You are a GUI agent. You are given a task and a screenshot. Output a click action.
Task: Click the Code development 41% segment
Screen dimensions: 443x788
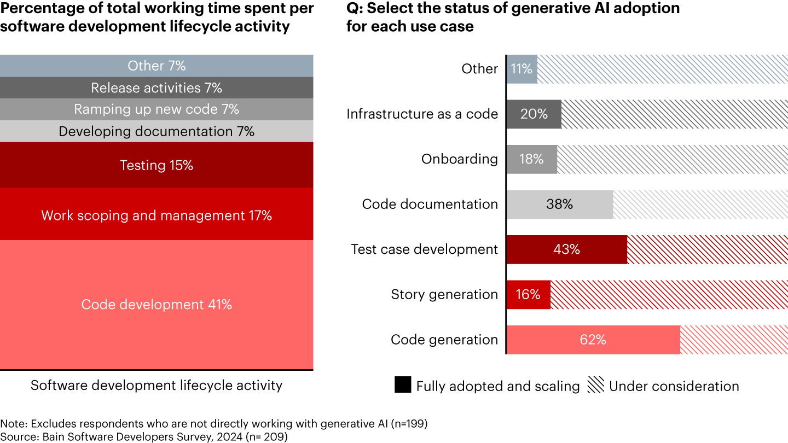157,305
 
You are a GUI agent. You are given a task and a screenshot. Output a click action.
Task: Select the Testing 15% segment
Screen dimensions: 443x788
157,165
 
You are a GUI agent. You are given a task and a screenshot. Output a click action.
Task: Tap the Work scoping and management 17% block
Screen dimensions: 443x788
157,215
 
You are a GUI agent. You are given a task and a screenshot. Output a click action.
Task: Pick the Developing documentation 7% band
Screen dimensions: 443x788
157,131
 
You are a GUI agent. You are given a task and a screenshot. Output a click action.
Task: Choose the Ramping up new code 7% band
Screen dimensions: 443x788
157,109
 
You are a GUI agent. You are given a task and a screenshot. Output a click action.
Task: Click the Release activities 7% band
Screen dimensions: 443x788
157,88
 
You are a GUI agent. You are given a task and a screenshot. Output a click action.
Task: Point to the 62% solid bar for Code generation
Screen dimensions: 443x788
593,340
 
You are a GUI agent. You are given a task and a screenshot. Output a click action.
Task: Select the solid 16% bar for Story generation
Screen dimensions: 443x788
528,294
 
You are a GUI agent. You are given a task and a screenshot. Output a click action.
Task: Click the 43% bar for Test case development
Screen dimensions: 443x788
566,249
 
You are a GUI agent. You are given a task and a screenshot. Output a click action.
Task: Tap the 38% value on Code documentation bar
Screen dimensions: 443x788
559,204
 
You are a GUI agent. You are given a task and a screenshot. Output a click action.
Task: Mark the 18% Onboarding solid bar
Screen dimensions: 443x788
531,159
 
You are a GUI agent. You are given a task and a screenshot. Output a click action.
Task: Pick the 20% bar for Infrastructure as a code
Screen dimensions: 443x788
534,114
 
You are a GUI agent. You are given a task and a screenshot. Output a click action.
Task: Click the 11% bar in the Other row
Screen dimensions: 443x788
522,69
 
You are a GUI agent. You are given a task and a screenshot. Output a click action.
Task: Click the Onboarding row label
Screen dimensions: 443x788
460,159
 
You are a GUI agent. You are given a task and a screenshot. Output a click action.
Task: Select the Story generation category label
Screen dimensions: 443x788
444,294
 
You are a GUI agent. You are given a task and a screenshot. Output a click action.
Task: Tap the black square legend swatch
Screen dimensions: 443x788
403,385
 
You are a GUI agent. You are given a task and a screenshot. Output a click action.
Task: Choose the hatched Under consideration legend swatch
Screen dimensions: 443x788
595,385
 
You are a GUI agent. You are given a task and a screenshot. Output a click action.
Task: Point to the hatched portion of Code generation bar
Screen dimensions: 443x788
733,340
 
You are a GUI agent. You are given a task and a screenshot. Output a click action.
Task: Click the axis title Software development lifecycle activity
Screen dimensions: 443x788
157,385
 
